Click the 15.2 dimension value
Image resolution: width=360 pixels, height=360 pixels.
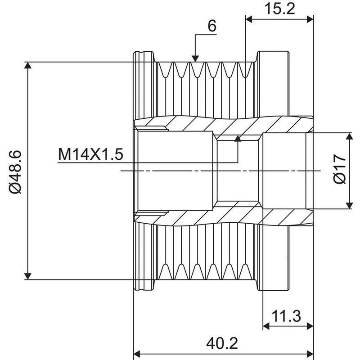click(279, 9)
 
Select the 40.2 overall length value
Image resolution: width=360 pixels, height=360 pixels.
click(222, 343)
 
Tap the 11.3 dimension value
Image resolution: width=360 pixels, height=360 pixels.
click(286, 316)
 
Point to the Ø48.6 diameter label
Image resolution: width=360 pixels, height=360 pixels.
click(15, 172)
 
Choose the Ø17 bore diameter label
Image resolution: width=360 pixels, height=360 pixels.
click(339, 169)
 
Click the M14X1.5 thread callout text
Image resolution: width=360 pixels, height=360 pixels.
click(91, 154)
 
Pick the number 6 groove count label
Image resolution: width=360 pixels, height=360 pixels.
click(212, 26)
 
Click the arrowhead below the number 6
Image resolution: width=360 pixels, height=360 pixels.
click(195, 58)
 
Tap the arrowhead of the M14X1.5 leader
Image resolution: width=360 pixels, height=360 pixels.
click(238, 139)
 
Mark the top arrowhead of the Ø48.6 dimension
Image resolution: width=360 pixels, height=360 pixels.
click(28, 65)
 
